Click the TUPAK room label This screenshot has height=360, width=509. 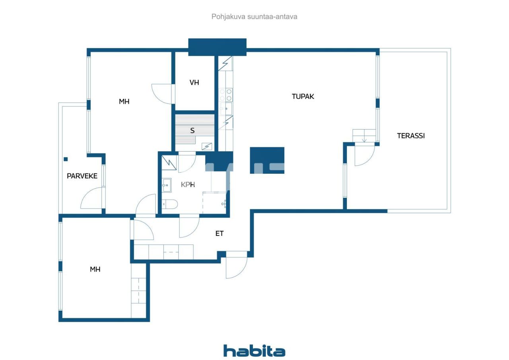tap(303, 96)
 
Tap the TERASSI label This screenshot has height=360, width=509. tap(411, 136)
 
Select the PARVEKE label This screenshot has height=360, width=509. tap(82, 176)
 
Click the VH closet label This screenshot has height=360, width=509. tap(194, 83)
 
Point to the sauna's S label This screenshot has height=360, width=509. tap(192, 130)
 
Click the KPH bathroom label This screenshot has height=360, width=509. tap(188, 185)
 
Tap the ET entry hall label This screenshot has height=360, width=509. tap(220, 234)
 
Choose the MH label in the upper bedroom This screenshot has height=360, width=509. tap(124, 101)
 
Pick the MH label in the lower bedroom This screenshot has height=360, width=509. tap(95, 269)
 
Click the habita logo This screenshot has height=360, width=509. tap(254, 351)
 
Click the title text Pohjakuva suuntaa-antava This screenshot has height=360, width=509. tap(254, 17)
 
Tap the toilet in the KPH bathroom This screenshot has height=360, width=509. tap(170, 204)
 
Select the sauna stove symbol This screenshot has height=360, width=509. tap(207, 146)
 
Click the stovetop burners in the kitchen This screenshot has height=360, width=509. tap(225, 94)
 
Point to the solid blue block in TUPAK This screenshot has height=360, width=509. tap(267, 160)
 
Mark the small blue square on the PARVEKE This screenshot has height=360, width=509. tap(66, 159)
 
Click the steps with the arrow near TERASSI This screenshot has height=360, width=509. tap(364, 136)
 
